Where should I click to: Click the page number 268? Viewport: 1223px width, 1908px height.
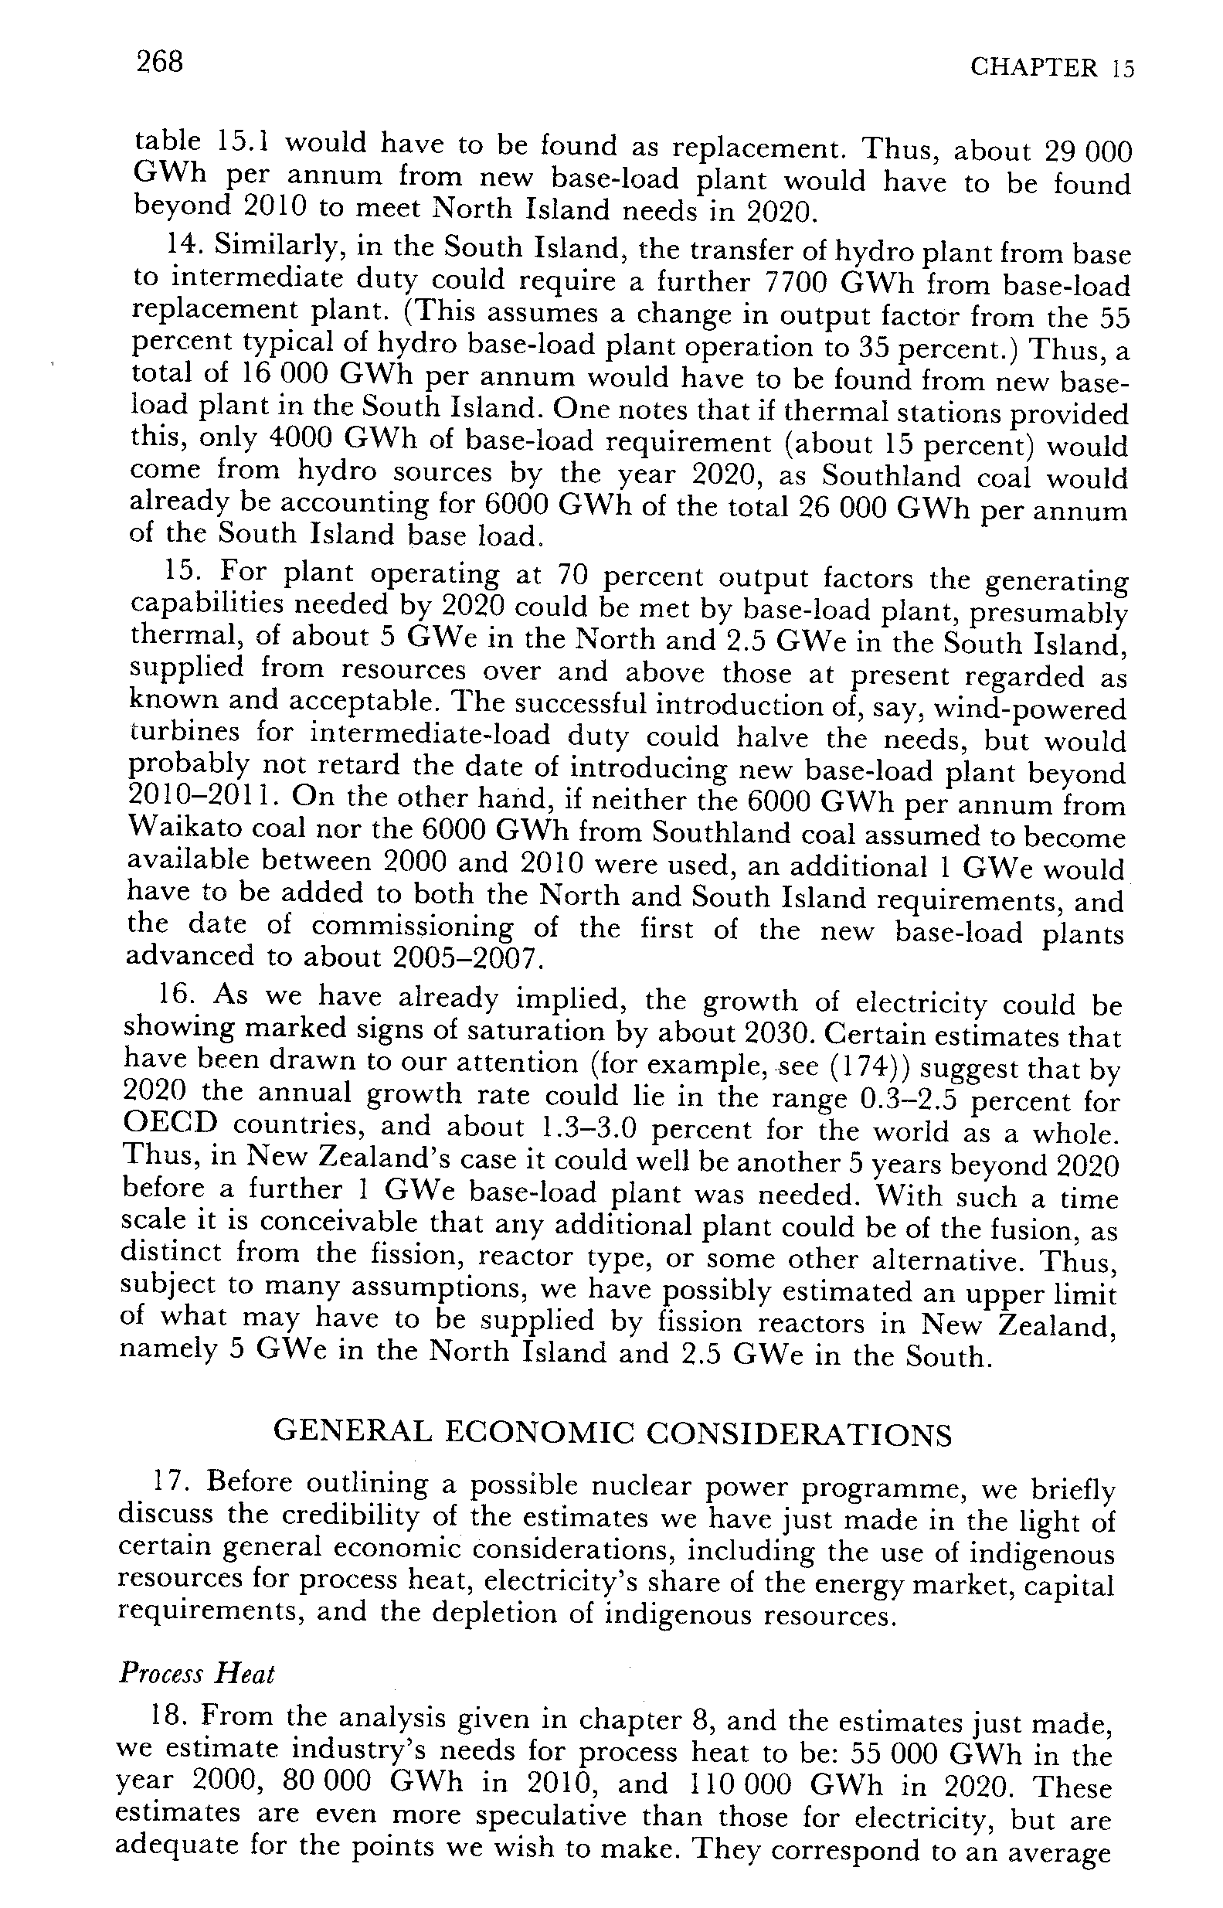point(160,61)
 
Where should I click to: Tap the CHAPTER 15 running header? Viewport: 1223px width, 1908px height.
point(1052,68)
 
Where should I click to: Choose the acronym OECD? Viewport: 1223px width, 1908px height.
point(169,1126)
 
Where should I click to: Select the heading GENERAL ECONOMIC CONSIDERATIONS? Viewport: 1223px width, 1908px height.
point(612,1434)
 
